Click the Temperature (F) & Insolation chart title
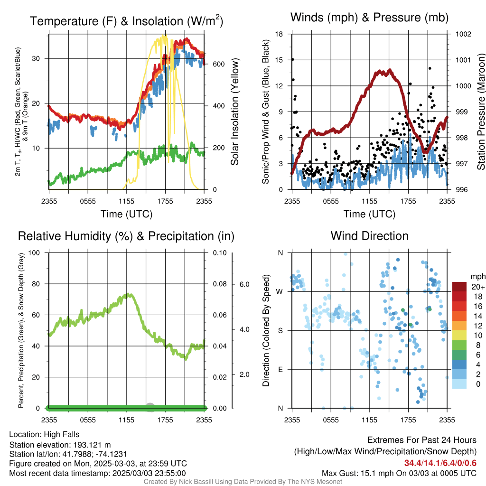pyautogui.click(x=126, y=21)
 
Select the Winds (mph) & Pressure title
pyautogui.click(x=369, y=18)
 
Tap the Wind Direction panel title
pyautogui.click(x=369, y=236)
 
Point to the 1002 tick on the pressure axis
pyautogui.click(x=463, y=34)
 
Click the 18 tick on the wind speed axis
pyautogui.click(x=279, y=34)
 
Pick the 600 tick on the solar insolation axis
pyautogui.click(x=218, y=64)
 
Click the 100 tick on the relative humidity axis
pyautogui.click(x=34, y=252)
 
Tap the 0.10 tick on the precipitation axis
pyautogui.click(x=220, y=252)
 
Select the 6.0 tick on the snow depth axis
pyautogui.click(x=244, y=284)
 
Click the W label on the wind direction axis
pyautogui.click(x=280, y=292)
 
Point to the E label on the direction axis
pyautogui.click(x=280, y=369)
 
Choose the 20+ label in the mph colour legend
pyautogui.click(x=478, y=287)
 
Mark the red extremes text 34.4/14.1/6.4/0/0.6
pyautogui.click(x=440, y=463)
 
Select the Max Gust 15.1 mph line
pyautogui.click(x=399, y=473)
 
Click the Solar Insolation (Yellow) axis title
pyautogui.click(x=235, y=112)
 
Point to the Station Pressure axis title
pyautogui.click(x=481, y=112)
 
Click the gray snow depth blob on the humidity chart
pyautogui.click(x=150, y=407)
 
